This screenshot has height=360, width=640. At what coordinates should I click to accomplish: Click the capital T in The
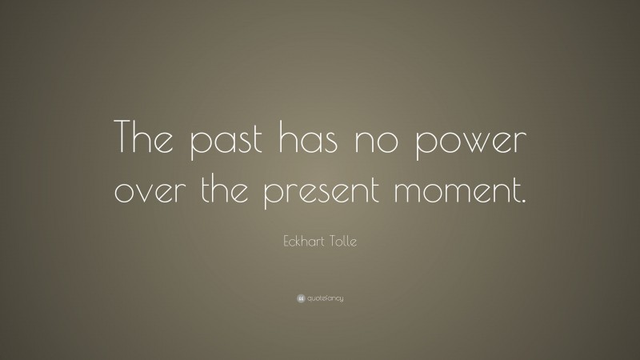coord(126,141)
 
